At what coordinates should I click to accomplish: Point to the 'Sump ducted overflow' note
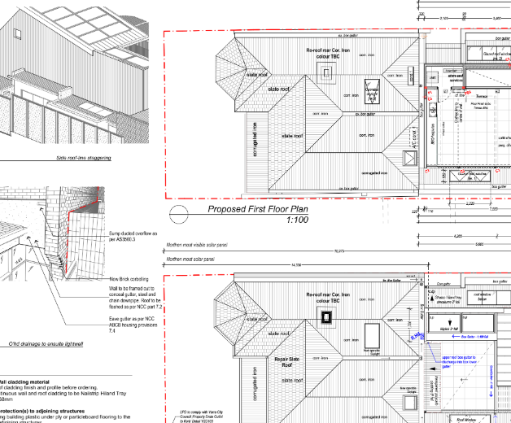pyautogui.click(x=131, y=237)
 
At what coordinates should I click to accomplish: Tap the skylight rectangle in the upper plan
pyautogui.click(x=372, y=89)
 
